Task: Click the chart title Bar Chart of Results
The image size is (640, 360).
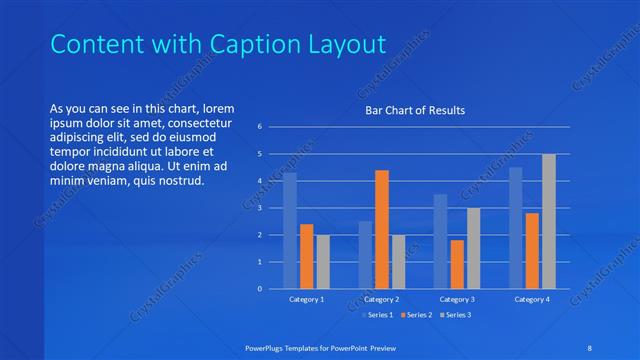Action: (414, 110)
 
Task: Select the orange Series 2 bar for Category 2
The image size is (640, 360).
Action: (382, 230)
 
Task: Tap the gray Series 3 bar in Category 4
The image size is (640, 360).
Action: (548, 222)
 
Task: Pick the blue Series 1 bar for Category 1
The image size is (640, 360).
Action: (290, 231)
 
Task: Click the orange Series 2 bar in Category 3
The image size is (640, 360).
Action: (457, 264)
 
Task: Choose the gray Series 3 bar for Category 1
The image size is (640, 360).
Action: (323, 262)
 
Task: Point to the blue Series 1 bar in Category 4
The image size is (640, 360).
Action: (515, 228)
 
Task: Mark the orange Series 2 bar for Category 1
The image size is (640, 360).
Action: (306, 257)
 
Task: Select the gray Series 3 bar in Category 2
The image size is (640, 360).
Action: (398, 262)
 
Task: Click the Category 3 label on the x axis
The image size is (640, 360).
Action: (457, 299)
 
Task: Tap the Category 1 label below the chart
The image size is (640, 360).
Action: (306, 299)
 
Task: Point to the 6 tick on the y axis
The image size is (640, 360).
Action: (259, 127)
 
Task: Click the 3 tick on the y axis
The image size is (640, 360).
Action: (259, 208)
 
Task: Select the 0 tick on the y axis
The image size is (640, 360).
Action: (259, 289)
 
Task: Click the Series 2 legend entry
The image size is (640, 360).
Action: (418, 315)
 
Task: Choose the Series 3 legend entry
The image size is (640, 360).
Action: (455, 315)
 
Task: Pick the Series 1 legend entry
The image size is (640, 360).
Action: (379, 315)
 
